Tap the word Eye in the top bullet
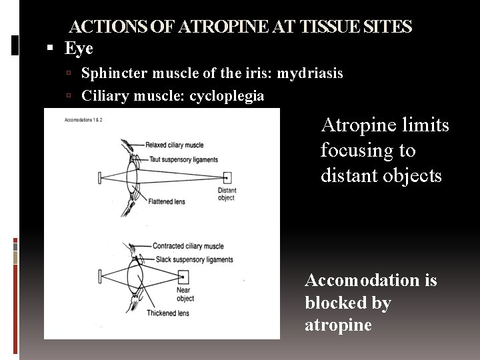(79, 49)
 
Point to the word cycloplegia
(227, 97)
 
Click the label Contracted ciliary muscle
(188, 246)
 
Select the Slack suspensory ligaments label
(193, 259)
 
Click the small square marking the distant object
(228, 178)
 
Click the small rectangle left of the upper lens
(99, 178)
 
